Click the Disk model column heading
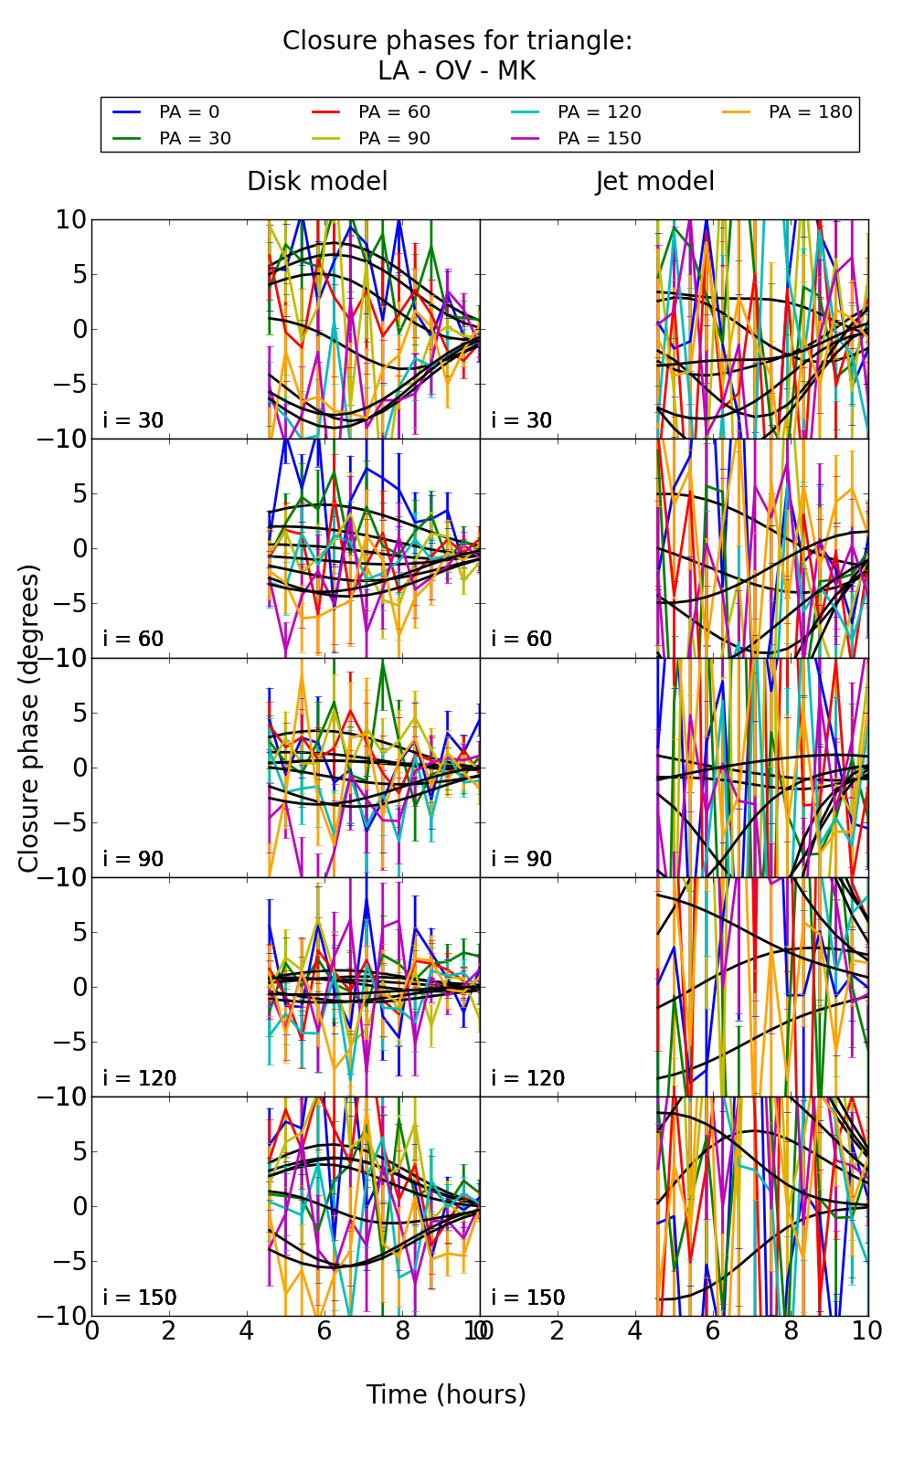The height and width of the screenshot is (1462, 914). [317, 182]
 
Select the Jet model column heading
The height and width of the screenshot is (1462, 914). [654, 182]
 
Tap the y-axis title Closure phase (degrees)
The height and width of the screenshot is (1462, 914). [29, 717]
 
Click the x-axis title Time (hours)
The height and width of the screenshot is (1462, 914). [446, 1394]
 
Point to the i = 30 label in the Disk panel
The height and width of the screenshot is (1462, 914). [133, 420]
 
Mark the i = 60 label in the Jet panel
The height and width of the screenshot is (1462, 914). [522, 639]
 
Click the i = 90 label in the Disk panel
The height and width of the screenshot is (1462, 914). [133, 859]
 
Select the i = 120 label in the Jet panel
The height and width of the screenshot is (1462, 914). [527, 1078]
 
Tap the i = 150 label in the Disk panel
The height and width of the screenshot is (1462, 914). [139, 1298]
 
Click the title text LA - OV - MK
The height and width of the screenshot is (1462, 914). [456, 71]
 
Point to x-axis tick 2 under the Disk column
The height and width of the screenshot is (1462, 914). [168, 1330]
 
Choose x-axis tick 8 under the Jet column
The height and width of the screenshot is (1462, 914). [791, 1330]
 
